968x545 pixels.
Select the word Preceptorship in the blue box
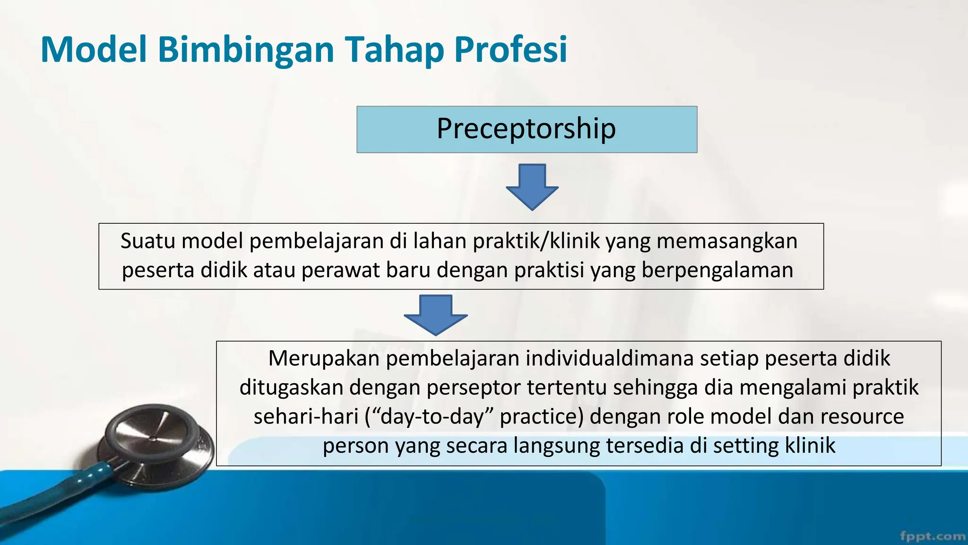pos(526,129)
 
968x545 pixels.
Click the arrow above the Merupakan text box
pos(436,315)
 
